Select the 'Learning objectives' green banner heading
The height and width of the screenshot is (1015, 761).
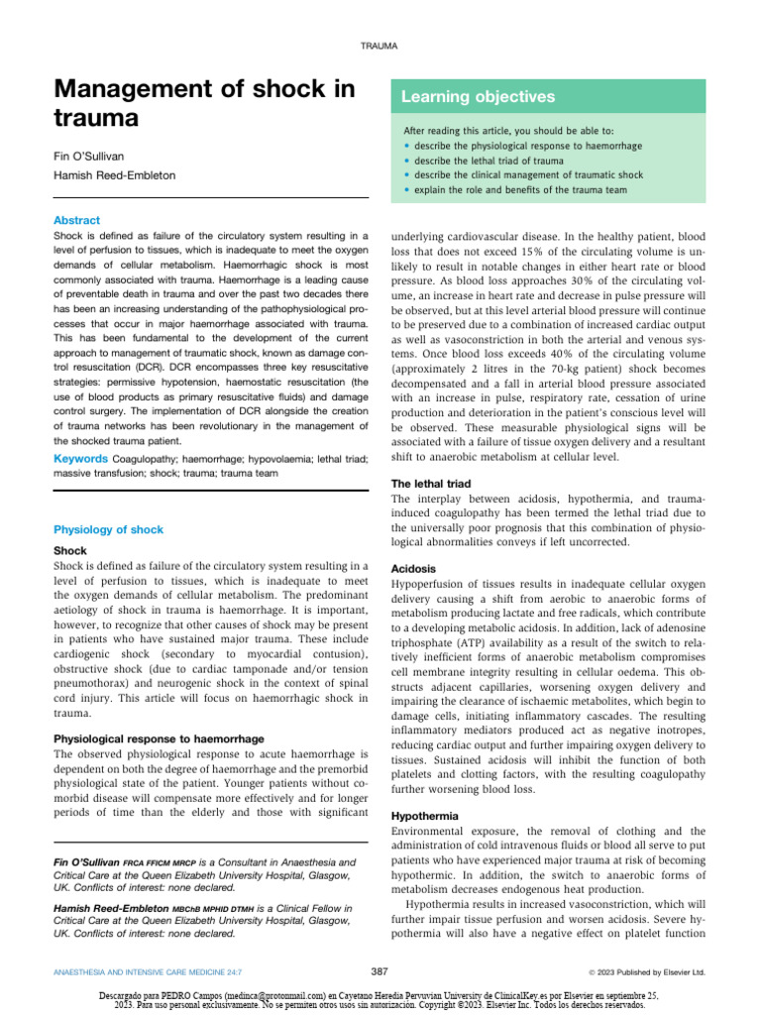pyautogui.click(x=478, y=97)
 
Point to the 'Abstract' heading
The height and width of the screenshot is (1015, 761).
pyautogui.click(x=76, y=220)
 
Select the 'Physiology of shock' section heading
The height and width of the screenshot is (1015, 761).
pyautogui.click(x=108, y=530)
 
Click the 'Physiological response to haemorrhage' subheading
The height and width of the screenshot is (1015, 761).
pyautogui.click(x=158, y=739)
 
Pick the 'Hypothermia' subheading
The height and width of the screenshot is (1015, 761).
pyautogui.click(x=425, y=816)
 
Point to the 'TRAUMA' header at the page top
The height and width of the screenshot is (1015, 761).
pyautogui.click(x=380, y=46)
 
